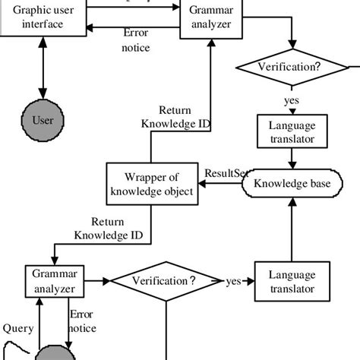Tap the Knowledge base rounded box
tap(292, 183)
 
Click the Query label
tap(17, 329)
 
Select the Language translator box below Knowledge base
tap(292, 280)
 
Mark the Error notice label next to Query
tap(81, 321)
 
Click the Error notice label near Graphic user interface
tap(137, 40)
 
